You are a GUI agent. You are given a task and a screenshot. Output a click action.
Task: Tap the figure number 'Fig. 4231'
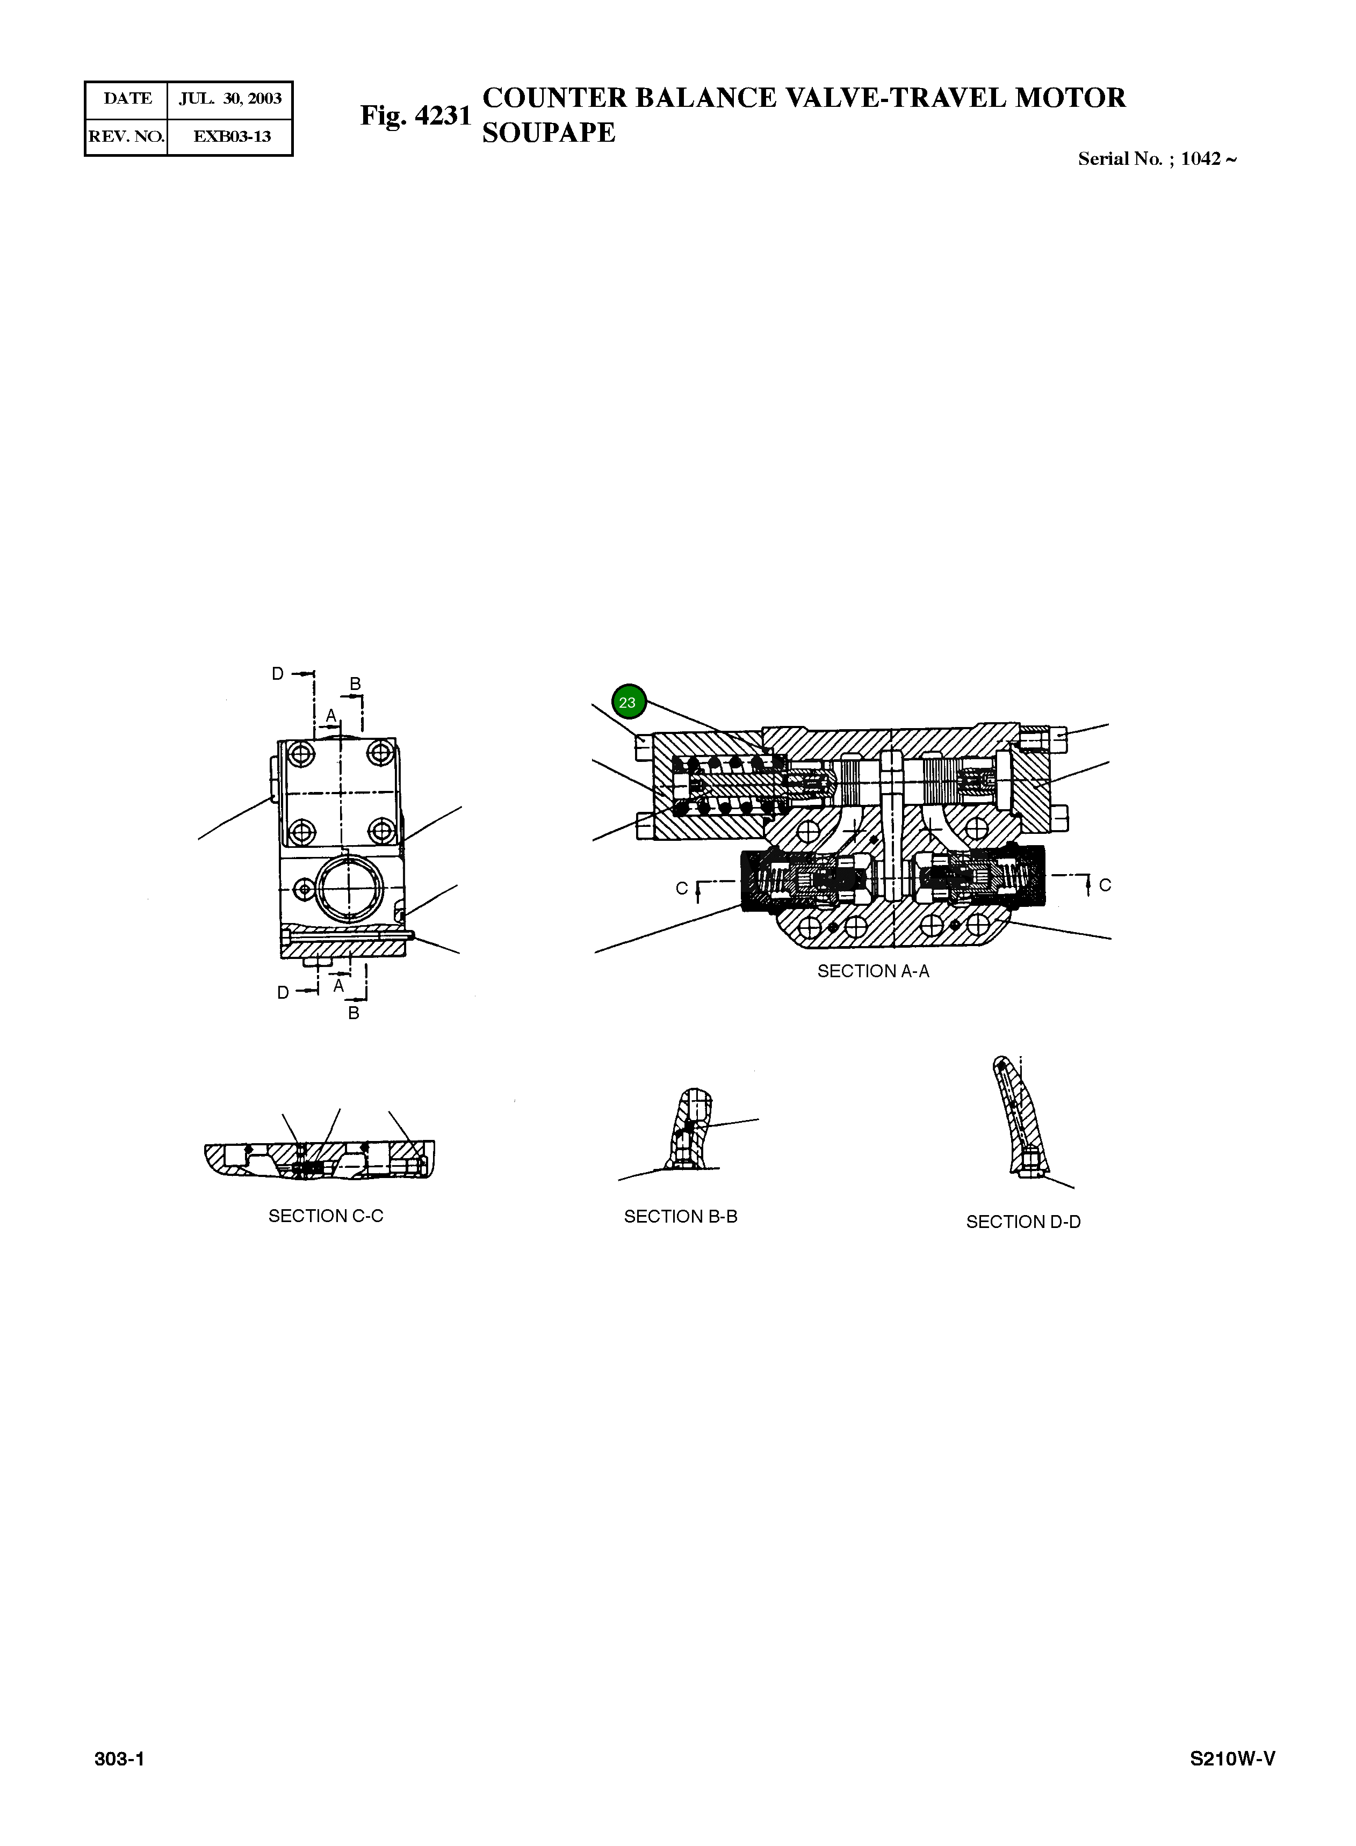416,115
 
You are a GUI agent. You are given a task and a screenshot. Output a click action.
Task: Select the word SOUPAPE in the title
549,133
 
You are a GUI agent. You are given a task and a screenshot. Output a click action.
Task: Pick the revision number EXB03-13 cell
232,136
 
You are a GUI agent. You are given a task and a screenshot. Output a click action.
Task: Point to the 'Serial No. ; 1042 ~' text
1157,159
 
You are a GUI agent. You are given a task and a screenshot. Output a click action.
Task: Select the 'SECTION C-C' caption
326,1216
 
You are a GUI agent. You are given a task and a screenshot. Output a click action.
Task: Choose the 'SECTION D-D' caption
1023,1222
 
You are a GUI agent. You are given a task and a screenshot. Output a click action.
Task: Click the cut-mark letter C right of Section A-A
1105,885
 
